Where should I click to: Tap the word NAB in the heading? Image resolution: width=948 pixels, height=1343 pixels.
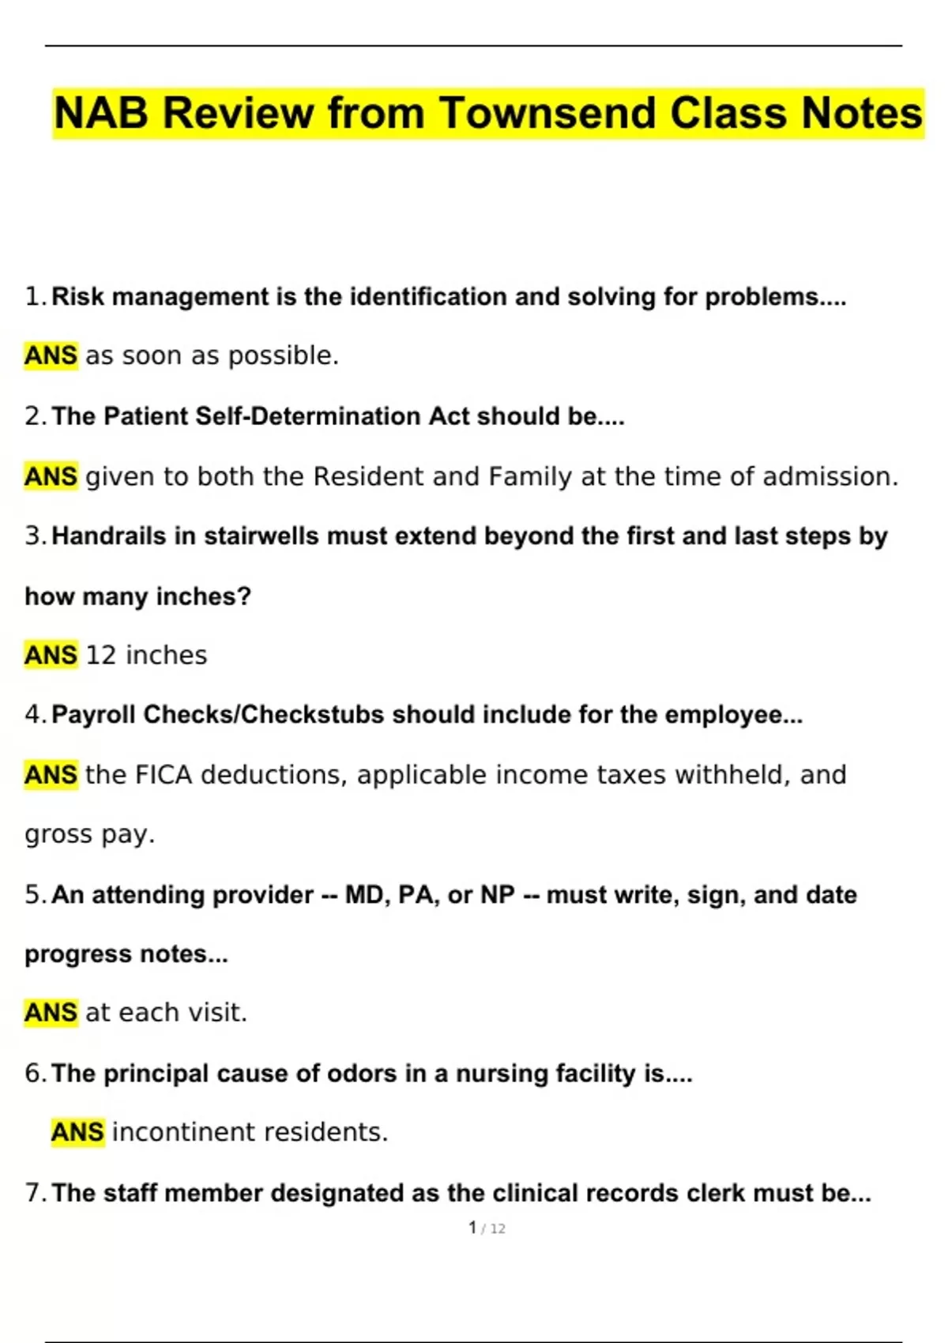(x=101, y=113)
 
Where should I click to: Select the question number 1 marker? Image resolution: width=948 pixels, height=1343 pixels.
(x=35, y=296)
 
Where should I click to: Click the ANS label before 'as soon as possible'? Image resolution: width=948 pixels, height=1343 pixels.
(x=51, y=355)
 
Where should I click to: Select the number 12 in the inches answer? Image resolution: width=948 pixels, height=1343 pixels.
(x=100, y=655)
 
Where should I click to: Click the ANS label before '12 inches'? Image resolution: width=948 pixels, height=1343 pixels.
(x=51, y=655)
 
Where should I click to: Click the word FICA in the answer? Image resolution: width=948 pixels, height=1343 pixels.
(x=164, y=775)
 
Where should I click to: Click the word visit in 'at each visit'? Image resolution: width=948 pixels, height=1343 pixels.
(x=216, y=1012)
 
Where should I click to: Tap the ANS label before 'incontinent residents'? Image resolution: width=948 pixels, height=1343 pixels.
(x=77, y=1132)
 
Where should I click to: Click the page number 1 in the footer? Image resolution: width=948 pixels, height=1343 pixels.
(x=472, y=1228)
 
